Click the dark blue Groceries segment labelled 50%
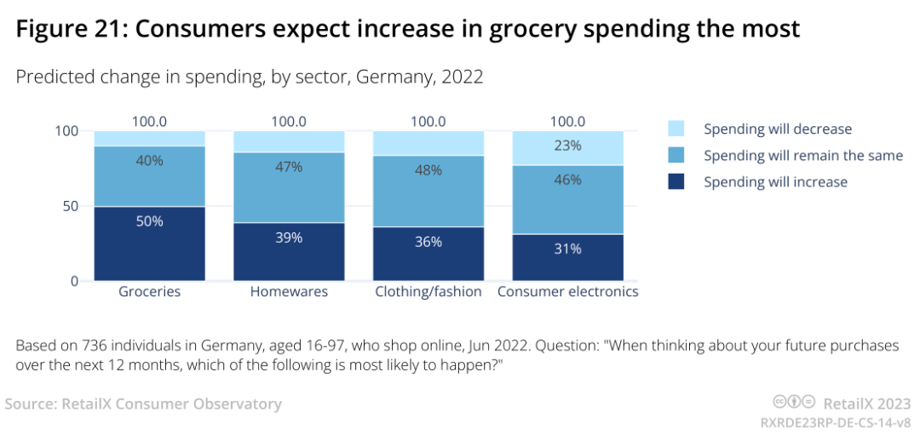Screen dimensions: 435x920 point(149,243)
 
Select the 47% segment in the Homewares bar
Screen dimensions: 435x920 point(289,187)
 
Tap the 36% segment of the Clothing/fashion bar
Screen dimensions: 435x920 point(428,254)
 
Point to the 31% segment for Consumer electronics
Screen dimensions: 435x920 point(568,257)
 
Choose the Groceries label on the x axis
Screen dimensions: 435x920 point(149,292)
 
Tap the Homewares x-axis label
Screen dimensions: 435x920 point(289,292)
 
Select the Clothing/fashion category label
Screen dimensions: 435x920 point(428,292)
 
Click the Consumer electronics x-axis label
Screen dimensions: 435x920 point(568,292)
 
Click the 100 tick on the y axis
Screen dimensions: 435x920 point(67,131)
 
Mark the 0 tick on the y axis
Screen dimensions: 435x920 point(74,281)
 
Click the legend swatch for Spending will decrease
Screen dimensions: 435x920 point(676,129)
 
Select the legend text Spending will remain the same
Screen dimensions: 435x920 point(802,156)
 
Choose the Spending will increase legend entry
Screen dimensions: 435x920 point(775,182)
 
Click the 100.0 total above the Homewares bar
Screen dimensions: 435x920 point(289,122)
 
